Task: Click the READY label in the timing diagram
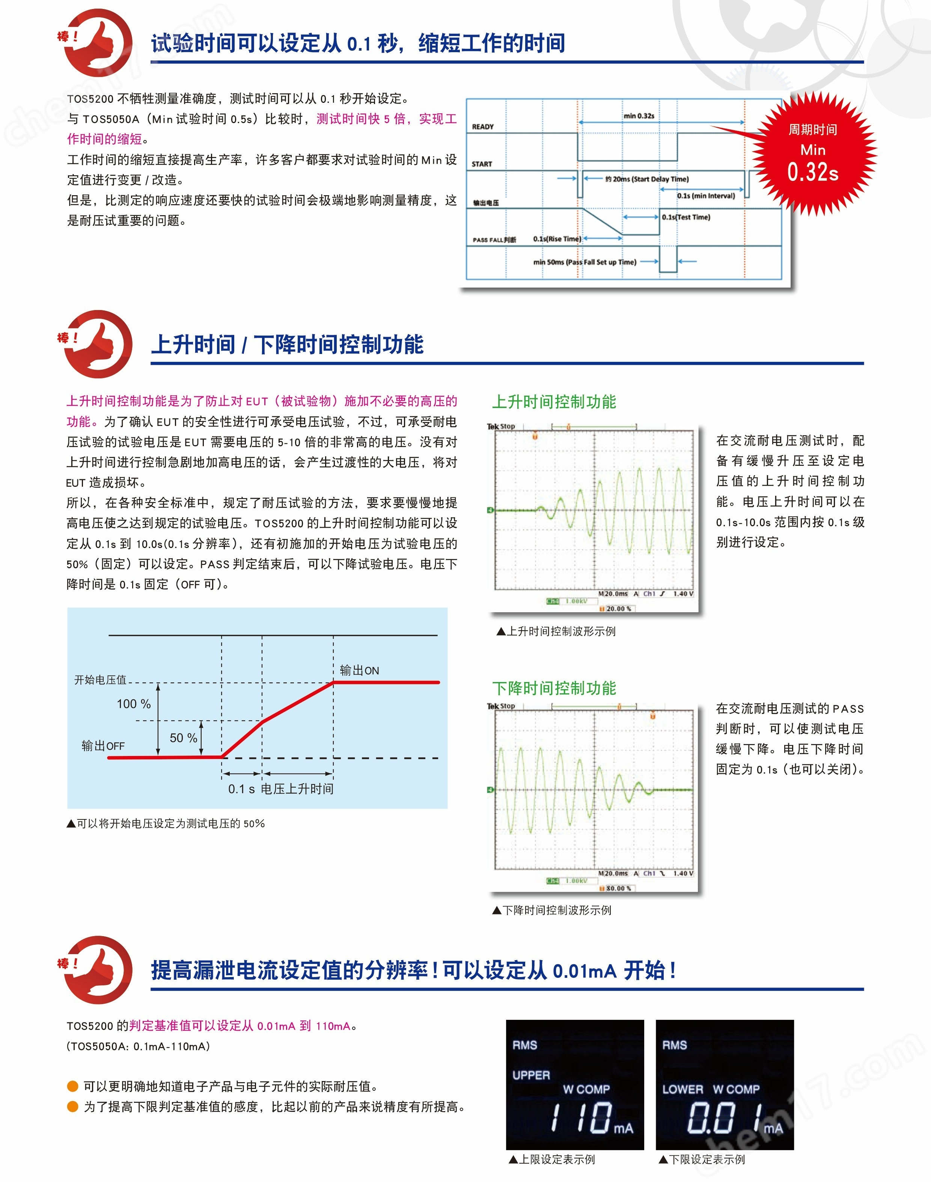[x=482, y=126]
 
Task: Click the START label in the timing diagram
[x=482, y=164]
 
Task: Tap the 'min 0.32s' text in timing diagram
[x=639, y=116]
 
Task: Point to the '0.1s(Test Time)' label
[x=686, y=217]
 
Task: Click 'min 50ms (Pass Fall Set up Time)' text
[x=585, y=262]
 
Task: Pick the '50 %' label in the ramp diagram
[x=183, y=738]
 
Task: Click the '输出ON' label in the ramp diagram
[x=359, y=670]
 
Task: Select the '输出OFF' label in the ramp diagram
[x=103, y=745]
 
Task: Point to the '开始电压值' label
[x=100, y=679]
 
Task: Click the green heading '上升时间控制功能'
[x=554, y=402]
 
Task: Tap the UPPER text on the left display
[x=531, y=1075]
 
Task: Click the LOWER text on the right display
[x=682, y=1089]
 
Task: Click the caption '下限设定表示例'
[x=707, y=1159]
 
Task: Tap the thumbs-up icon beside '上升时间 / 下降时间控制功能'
[x=98, y=345]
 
